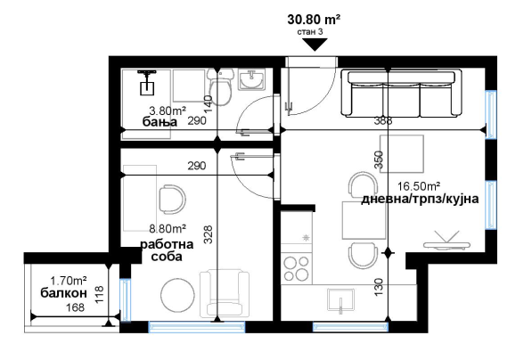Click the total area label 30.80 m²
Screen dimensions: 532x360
click(x=314, y=20)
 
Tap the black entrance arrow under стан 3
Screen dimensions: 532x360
click(x=315, y=45)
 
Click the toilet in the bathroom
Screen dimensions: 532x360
click(x=220, y=86)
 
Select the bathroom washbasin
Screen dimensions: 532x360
click(x=251, y=79)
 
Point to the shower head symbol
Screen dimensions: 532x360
click(x=147, y=82)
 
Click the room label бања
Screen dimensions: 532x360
click(x=160, y=121)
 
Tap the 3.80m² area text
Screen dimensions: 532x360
click(x=168, y=110)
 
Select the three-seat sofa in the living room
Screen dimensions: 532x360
click(x=401, y=93)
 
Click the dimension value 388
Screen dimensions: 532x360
click(x=383, y=120)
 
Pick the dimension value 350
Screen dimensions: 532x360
click(x=379, y=160)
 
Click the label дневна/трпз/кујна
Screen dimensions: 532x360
click(x=420, y=199)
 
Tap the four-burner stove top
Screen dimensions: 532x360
click(x=297, y=268)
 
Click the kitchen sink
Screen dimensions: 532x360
click(x=341, y=300)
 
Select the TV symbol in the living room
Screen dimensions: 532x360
click(x=446, y=241)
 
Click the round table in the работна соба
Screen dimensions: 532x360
click(x=177, y=294)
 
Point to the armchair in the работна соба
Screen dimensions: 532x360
click(x=225, y=293)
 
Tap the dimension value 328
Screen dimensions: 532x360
click(x=208, y=234)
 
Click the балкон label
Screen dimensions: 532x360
click(x=64, y=293)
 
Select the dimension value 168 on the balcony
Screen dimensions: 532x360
click(x=75, y=307)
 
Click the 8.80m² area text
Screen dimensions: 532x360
click(x=168, y=229)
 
